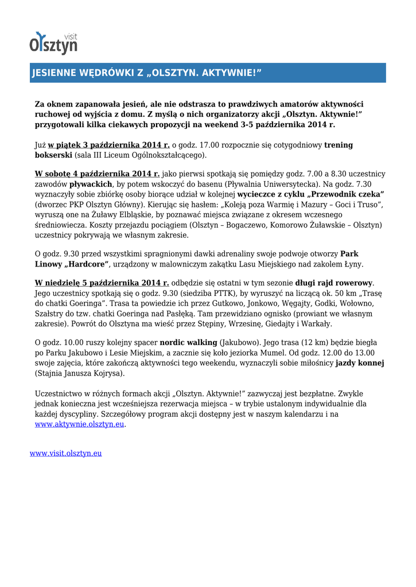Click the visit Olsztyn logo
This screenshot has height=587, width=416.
coord(53,43)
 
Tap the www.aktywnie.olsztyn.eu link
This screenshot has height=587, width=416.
coord(80,424)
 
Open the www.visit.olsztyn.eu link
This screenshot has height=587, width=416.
coord(65,453)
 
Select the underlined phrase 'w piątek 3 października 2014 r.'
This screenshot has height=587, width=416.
coord(109,145)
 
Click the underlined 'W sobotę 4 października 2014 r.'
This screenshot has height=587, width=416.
coord(97,174)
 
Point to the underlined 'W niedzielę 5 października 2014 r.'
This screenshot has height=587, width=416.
coord(102,283)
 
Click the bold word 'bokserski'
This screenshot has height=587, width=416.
coord(54,155)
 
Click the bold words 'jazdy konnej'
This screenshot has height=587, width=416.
coord(360,363)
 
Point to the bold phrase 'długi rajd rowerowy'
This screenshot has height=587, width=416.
coord(334,283)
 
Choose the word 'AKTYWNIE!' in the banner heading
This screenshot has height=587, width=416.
coord(229,73)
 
